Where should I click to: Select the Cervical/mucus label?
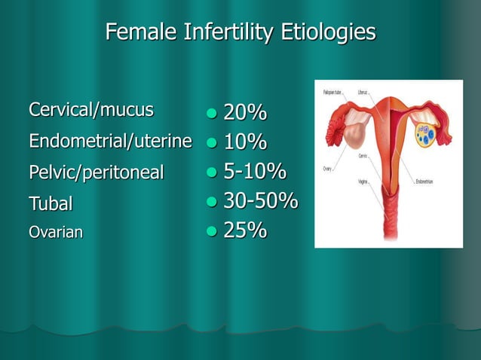(x=90, y=110)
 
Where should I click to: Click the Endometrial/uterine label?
(x=110, y=141)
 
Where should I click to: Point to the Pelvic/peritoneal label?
(x=96, y=172)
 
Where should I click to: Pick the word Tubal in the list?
(x=51, y=203)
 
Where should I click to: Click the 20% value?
(x=245, y=113)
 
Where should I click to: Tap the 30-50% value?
(x=260, y=201)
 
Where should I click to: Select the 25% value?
(x=245, y=230)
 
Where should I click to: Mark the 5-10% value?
(x=255, y=172)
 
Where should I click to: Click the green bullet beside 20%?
(x=212, y=114)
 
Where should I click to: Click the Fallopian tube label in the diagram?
(x=332, y=92)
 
